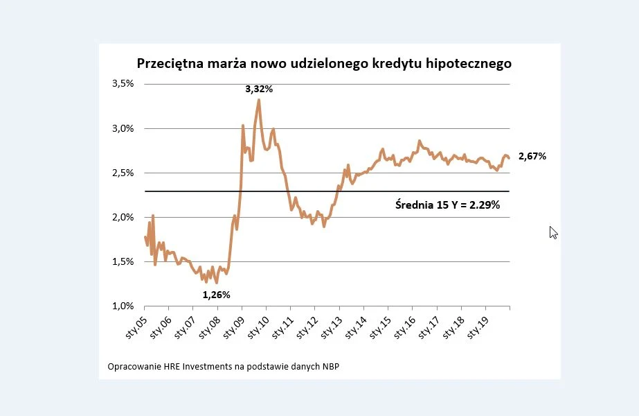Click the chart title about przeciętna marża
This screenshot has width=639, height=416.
point(324,63)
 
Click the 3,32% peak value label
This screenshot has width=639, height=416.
point(259,89)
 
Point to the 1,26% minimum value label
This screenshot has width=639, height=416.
point(216,295)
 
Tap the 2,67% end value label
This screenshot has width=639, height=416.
point(532,157)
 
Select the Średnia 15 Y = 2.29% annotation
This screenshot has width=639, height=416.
point(447,205)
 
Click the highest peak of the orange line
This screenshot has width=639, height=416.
point(259,100)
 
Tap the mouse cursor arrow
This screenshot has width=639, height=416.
point(553,232)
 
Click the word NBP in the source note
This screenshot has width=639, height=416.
point(330,366)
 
